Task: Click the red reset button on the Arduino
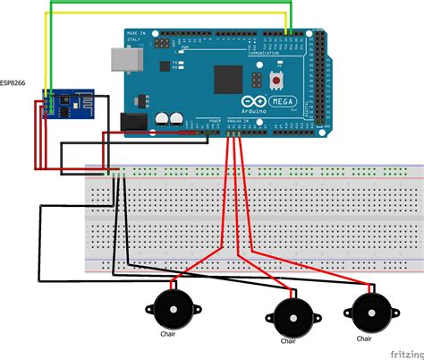coord(281,81)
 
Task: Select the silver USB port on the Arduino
coord(119,59)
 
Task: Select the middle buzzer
coord(289,316)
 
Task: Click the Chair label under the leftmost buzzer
coord(167,335)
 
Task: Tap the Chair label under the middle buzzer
coord(287,341)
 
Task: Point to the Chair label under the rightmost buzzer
coord(364,339)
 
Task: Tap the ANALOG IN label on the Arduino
coord(236,120)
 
